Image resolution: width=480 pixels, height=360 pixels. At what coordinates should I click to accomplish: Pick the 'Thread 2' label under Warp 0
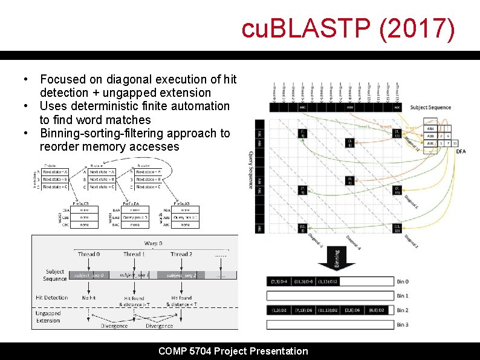(181, 254)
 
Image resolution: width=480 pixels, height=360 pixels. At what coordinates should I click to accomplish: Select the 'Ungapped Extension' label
(48, 316)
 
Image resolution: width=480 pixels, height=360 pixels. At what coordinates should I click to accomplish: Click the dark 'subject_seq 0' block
(89, 275)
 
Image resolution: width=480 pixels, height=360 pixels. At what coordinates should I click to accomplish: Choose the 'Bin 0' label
(402, 282)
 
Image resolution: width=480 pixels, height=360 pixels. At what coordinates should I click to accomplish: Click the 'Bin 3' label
(402, 325)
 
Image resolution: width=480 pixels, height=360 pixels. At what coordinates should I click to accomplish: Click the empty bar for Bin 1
(330, 296)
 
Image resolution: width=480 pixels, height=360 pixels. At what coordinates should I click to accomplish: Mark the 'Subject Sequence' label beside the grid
(430, 108)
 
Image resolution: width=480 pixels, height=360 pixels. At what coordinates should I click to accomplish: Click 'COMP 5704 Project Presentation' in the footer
(233, 351)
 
